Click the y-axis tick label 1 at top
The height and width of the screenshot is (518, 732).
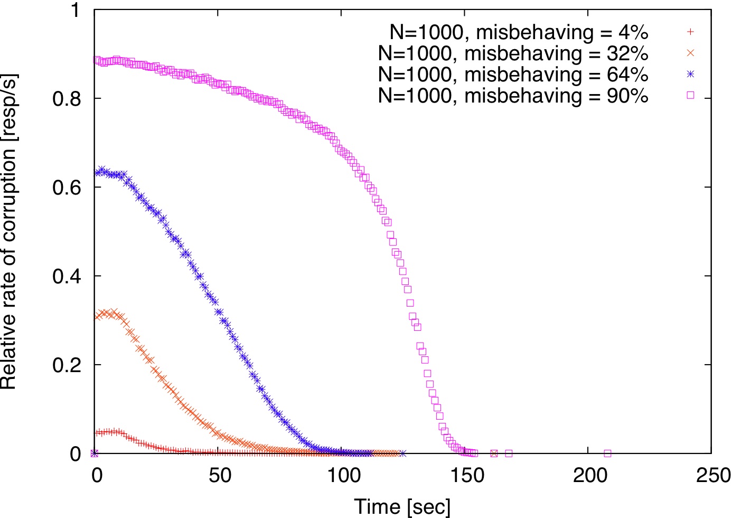click(x=75, y=10)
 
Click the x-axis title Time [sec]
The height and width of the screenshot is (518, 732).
click(x=402, y=506)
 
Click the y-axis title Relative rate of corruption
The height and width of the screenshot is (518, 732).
click(x=9, y=232)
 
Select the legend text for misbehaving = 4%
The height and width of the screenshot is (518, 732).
click(x=519, y=32)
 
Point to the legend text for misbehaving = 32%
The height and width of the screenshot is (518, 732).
click(x=513, y=53)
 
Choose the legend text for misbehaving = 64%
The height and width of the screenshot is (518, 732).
click(x=513, y=75)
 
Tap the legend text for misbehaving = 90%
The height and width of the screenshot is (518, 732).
click(x=513, y=96)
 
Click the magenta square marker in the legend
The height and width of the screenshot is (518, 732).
click(x=690, y=96)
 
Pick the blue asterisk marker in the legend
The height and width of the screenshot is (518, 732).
click(x=690, y=75)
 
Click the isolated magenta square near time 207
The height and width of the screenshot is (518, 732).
click(x=607, y=454)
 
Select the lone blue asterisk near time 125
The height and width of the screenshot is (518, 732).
click(x=403, y=454)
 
